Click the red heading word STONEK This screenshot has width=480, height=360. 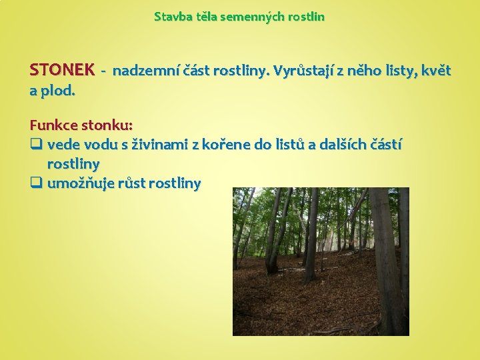point(62,70)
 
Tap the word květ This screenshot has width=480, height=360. point(435,71)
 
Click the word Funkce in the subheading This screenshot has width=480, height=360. point(54,125)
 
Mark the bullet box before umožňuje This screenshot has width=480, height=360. point(36,184)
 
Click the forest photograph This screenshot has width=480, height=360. point(320,261)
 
